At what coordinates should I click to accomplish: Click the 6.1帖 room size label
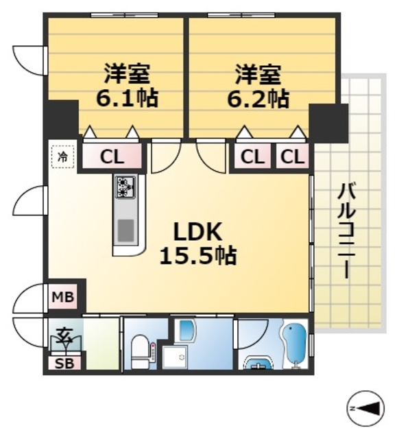point(127,98)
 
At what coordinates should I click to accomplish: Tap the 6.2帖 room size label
point(258,98)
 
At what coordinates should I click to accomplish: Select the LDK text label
point(197,231)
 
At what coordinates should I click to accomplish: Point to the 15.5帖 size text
point(197,256)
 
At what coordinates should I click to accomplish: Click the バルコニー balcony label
point(344,230)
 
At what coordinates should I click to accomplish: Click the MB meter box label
point(62,298)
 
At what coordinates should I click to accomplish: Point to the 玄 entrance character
point(64,336)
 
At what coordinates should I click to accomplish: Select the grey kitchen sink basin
point(125,229)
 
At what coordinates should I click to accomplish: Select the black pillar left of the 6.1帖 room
point(62,119)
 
